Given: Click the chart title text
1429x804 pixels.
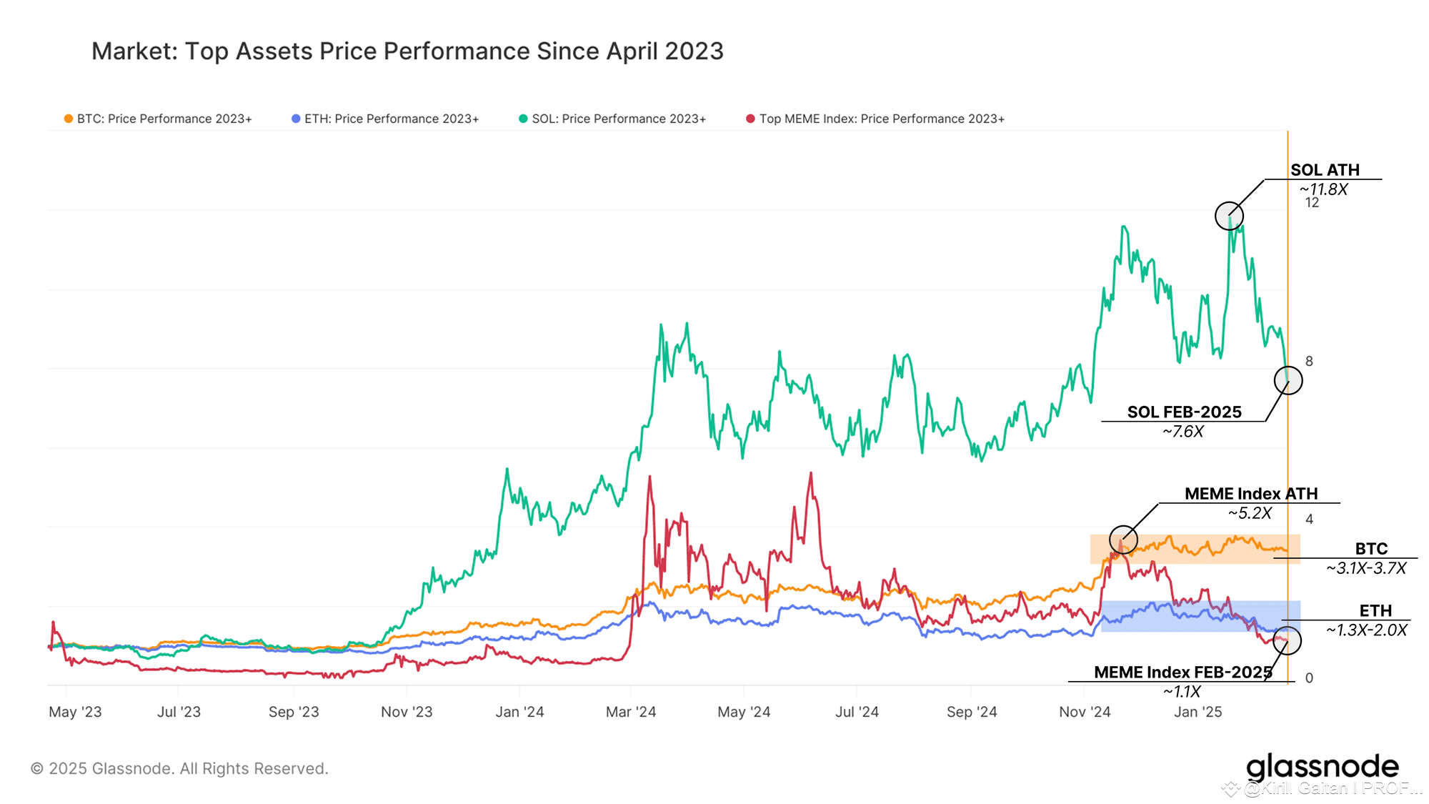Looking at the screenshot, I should tap(407, 51).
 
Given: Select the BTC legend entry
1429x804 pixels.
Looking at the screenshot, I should tap(158, 119).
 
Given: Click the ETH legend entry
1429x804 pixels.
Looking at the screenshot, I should tap(385, 119).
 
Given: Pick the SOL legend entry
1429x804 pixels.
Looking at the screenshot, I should tap(612, 119).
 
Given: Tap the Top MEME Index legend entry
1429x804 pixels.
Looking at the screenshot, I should tap(875, 119).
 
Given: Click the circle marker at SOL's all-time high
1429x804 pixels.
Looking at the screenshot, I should tap(1229, 216).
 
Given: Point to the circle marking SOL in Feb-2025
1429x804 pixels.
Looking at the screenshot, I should tap(1288, 381).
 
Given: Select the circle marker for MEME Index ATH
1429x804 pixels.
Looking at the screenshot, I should tap(1123, 540).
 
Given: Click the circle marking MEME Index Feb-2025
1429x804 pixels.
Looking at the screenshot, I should tap(1287, 641).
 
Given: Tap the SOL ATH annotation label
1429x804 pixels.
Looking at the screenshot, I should tap(1325, 170).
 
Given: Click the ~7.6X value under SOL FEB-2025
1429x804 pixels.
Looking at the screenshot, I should tap(1183, 432).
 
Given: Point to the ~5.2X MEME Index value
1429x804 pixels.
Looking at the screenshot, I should tap(1250, 513).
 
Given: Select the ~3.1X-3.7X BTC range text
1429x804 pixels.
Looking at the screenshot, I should tap(1366, 568).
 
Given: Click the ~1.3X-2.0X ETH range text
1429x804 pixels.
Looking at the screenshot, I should tap(1366, 630).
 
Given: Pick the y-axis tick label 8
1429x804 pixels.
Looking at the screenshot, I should tap(1309, 362).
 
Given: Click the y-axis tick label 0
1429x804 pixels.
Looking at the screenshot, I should tap(1309, 678).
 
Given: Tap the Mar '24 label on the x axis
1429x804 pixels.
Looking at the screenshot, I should tap(631, 712).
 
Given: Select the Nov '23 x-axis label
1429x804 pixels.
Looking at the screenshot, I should tap(407, 712).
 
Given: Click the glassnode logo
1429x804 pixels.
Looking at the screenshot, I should tap(1322, 768).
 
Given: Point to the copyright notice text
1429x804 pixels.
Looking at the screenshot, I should tap(179, 769).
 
